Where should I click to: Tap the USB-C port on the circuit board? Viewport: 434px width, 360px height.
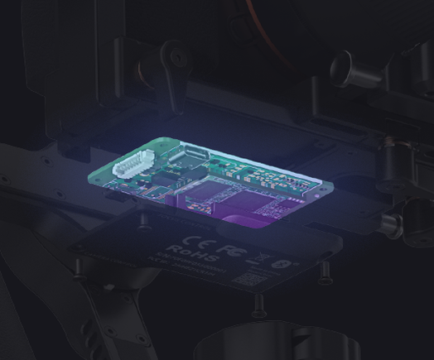[x=189, y=154]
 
